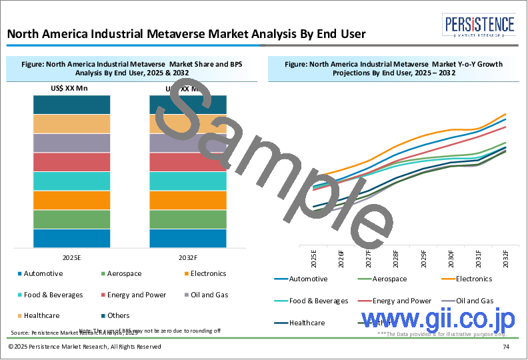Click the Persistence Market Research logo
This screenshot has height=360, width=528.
480,26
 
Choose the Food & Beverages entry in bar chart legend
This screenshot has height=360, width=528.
53,294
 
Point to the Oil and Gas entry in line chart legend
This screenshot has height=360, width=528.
474,301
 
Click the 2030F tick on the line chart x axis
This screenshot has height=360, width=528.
451,258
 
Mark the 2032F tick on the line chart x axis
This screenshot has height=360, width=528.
506,258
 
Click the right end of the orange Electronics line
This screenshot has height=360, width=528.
506,115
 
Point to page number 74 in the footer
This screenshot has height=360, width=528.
506,347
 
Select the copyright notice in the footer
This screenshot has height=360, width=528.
85,347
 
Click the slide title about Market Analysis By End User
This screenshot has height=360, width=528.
187,33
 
